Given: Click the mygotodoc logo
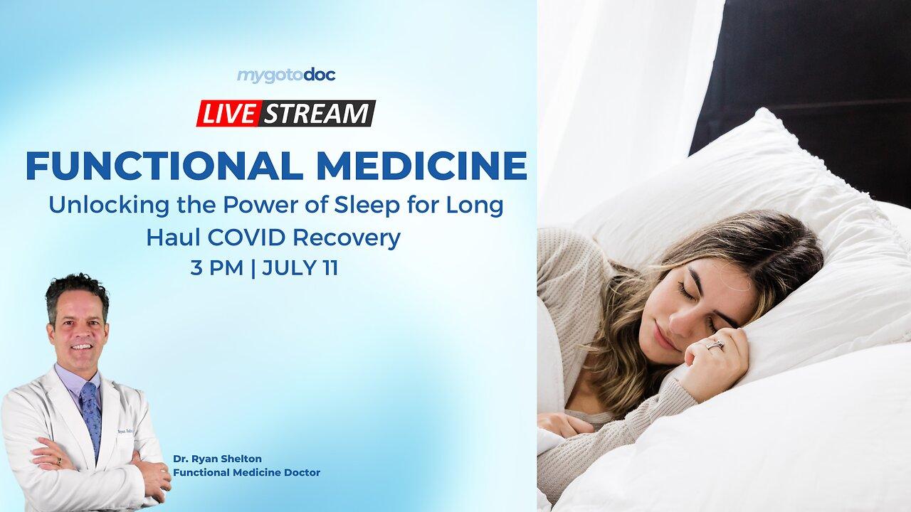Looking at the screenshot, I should click(x=285, y=75).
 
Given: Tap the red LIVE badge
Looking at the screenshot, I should click(x=228, y=114).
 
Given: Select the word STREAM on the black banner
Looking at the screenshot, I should click(x=317, y=114).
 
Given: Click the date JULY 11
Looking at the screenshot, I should click(x=300, y=269).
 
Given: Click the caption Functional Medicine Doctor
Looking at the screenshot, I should click(x=246, y=472).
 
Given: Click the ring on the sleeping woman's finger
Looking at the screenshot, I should click(x=714, y=345).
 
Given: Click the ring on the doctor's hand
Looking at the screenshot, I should click(x=60, y=460).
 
